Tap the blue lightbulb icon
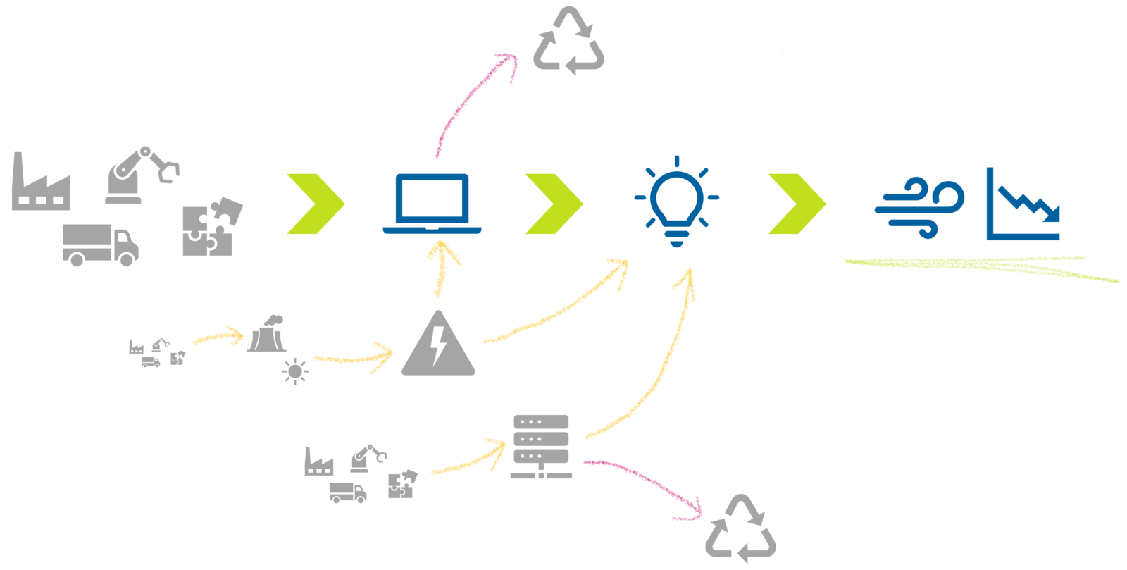coord(676,201)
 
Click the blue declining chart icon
coord(1023,206)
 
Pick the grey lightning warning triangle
coord(438,345)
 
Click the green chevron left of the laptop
coord(316,204)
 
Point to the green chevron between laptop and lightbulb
coord(554,204)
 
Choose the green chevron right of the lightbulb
coord(797,204)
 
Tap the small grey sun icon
coord(294,371)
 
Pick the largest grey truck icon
coord(100,244)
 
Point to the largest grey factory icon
coord(40,184)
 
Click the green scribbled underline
coord(979,266)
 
